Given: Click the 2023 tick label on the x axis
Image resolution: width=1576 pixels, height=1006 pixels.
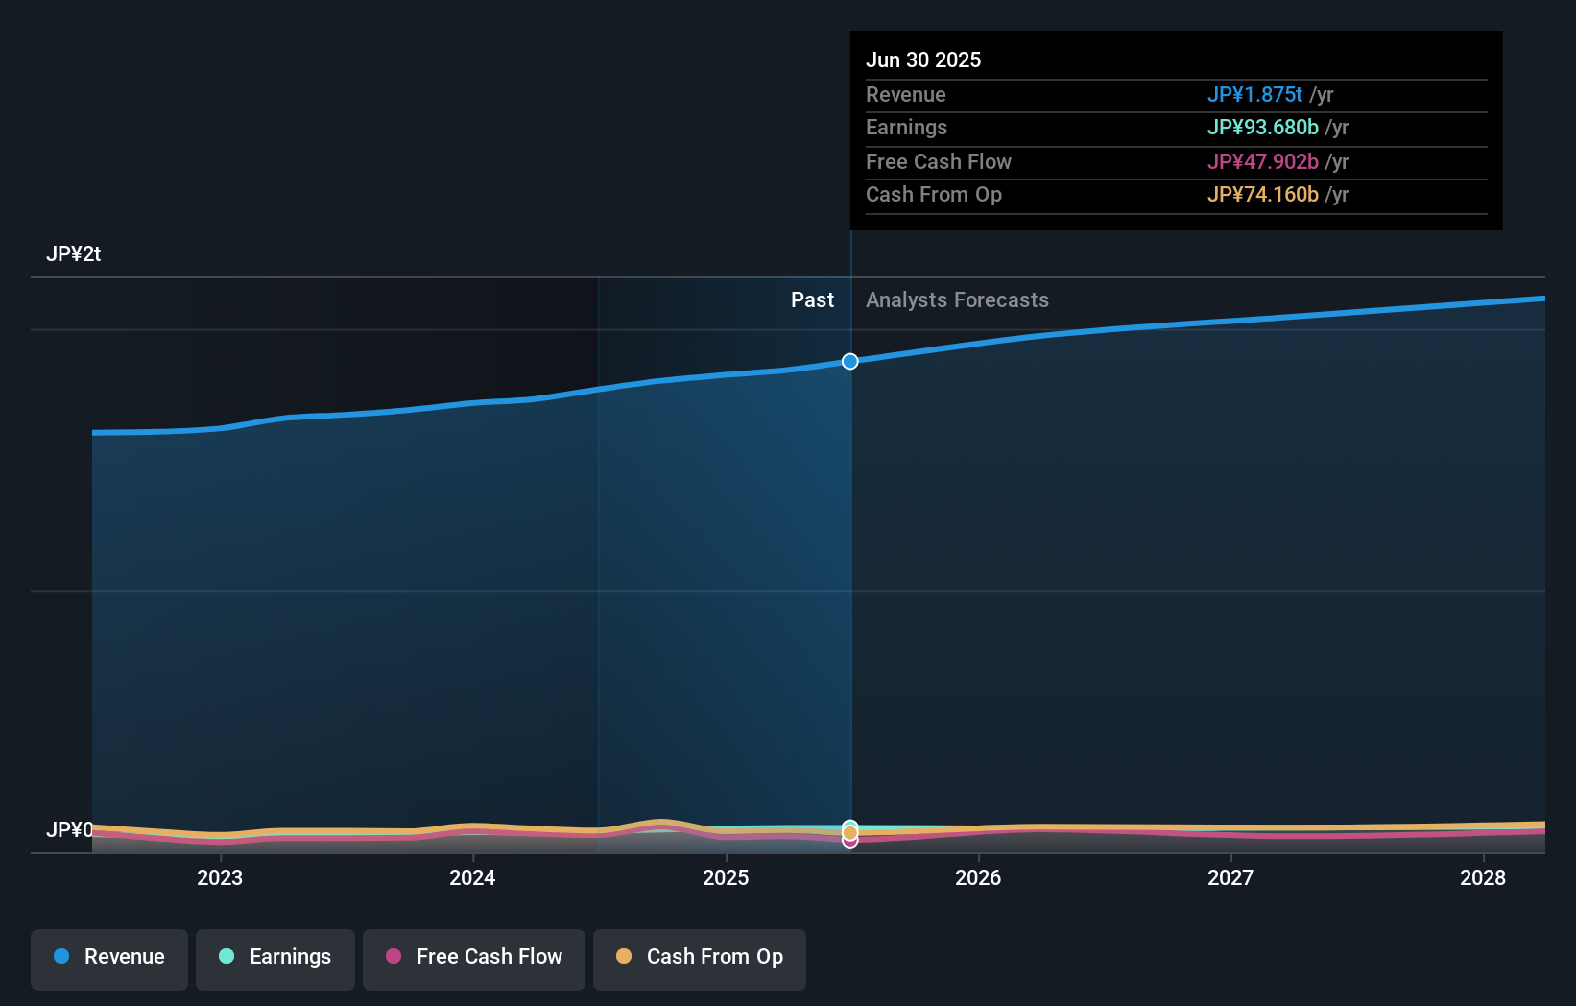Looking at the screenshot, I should coord(220,877).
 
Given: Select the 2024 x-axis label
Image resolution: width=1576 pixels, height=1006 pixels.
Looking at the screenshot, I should coord(472,877).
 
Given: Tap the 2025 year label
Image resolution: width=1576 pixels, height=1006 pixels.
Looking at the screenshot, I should coord(726,877).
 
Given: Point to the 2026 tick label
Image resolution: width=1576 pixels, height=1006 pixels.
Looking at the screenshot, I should coord(978,877).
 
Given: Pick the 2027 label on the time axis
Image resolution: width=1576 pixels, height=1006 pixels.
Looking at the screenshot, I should coord(1230,877).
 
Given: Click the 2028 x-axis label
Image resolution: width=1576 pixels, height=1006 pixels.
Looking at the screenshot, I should coord(1483,877).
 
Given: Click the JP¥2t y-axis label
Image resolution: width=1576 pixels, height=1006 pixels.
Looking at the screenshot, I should coord(73,254).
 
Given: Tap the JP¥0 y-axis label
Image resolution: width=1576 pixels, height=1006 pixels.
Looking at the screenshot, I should coord(69,829).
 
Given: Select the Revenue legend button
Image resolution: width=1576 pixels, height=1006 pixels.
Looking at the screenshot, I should coord(109,957).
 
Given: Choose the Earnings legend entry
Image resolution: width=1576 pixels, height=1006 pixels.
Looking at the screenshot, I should coord(275,957).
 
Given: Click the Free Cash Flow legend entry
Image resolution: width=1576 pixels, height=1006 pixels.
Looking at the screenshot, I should coord(474,957).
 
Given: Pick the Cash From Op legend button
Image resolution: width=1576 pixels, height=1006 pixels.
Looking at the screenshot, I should coord(700,957).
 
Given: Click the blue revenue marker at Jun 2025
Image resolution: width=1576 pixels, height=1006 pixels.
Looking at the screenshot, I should coord(850,362).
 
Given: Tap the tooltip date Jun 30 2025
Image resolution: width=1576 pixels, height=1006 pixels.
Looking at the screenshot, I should coord(923,60).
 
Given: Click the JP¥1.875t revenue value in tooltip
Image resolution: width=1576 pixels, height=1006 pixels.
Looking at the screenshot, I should coord(1254,95).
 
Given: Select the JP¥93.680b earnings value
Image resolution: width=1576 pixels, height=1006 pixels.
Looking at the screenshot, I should coord(1262,128).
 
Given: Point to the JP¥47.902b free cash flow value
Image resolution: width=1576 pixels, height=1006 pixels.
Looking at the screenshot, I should coord(1262,162).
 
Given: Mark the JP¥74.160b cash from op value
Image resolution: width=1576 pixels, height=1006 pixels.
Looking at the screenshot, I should coord(1262,195).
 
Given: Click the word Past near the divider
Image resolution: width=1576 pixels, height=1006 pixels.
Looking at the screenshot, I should coord(812,300).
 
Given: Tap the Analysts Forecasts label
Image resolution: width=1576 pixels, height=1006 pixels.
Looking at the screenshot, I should coord(957,300).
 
